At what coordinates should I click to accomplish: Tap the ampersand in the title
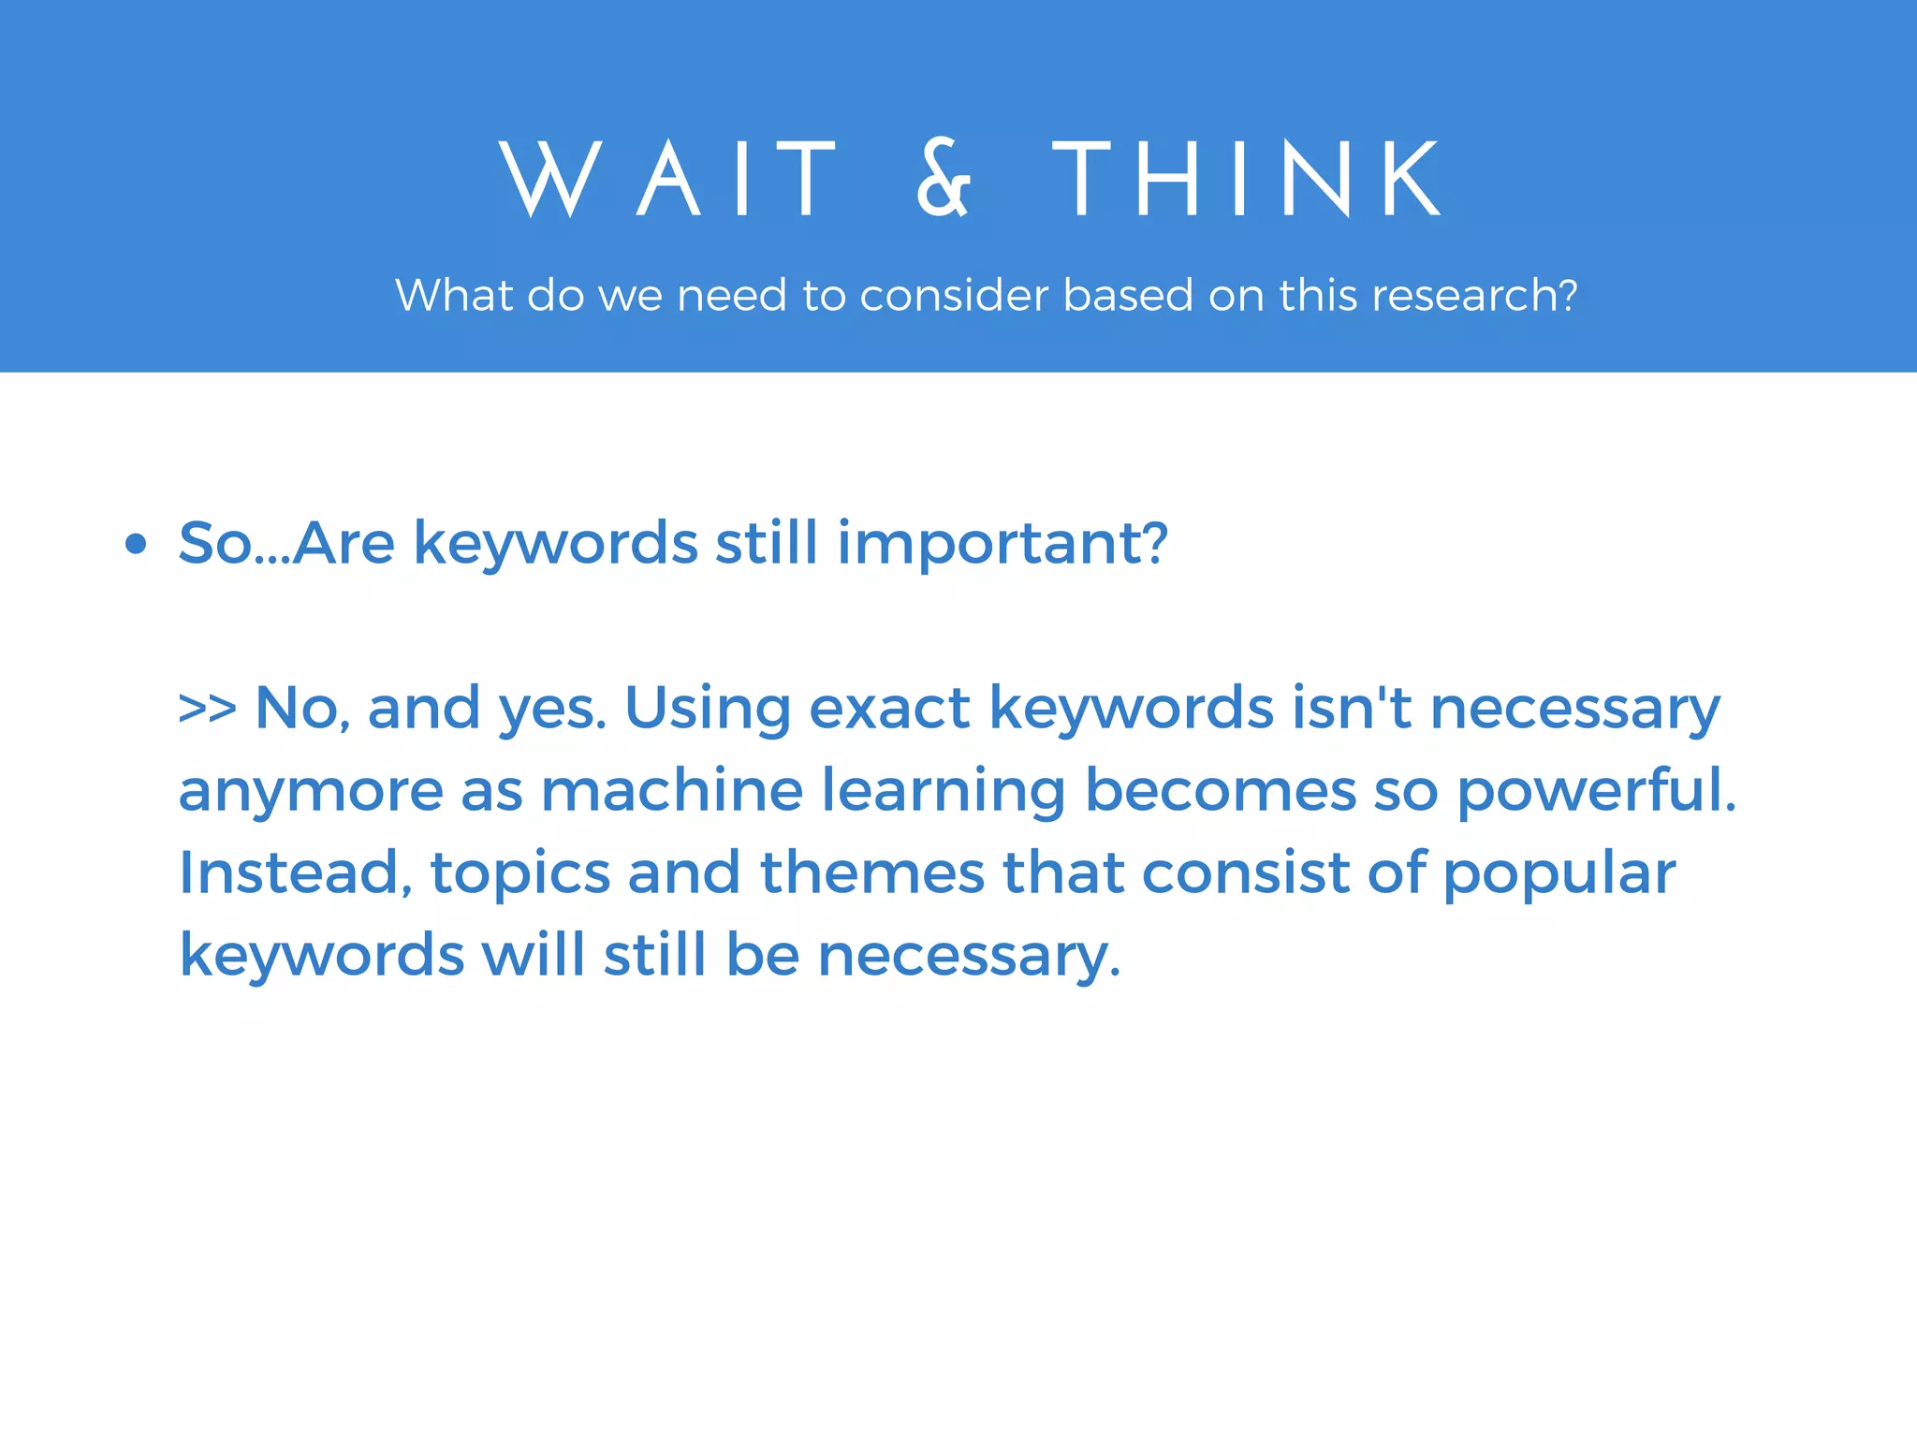(x=944, y=179)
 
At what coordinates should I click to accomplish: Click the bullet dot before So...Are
(x=137, y=544)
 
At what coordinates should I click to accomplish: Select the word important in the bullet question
(x=1002, y=544)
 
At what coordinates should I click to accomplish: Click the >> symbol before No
(x=207, y=709)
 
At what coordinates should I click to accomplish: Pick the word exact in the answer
(x=889, y=709)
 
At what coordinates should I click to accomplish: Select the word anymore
(x=311, y=792)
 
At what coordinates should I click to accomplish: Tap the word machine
(x=671, y=790)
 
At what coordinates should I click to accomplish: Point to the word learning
(x=944, y=792)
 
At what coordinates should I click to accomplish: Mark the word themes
(x=871, y=872)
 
